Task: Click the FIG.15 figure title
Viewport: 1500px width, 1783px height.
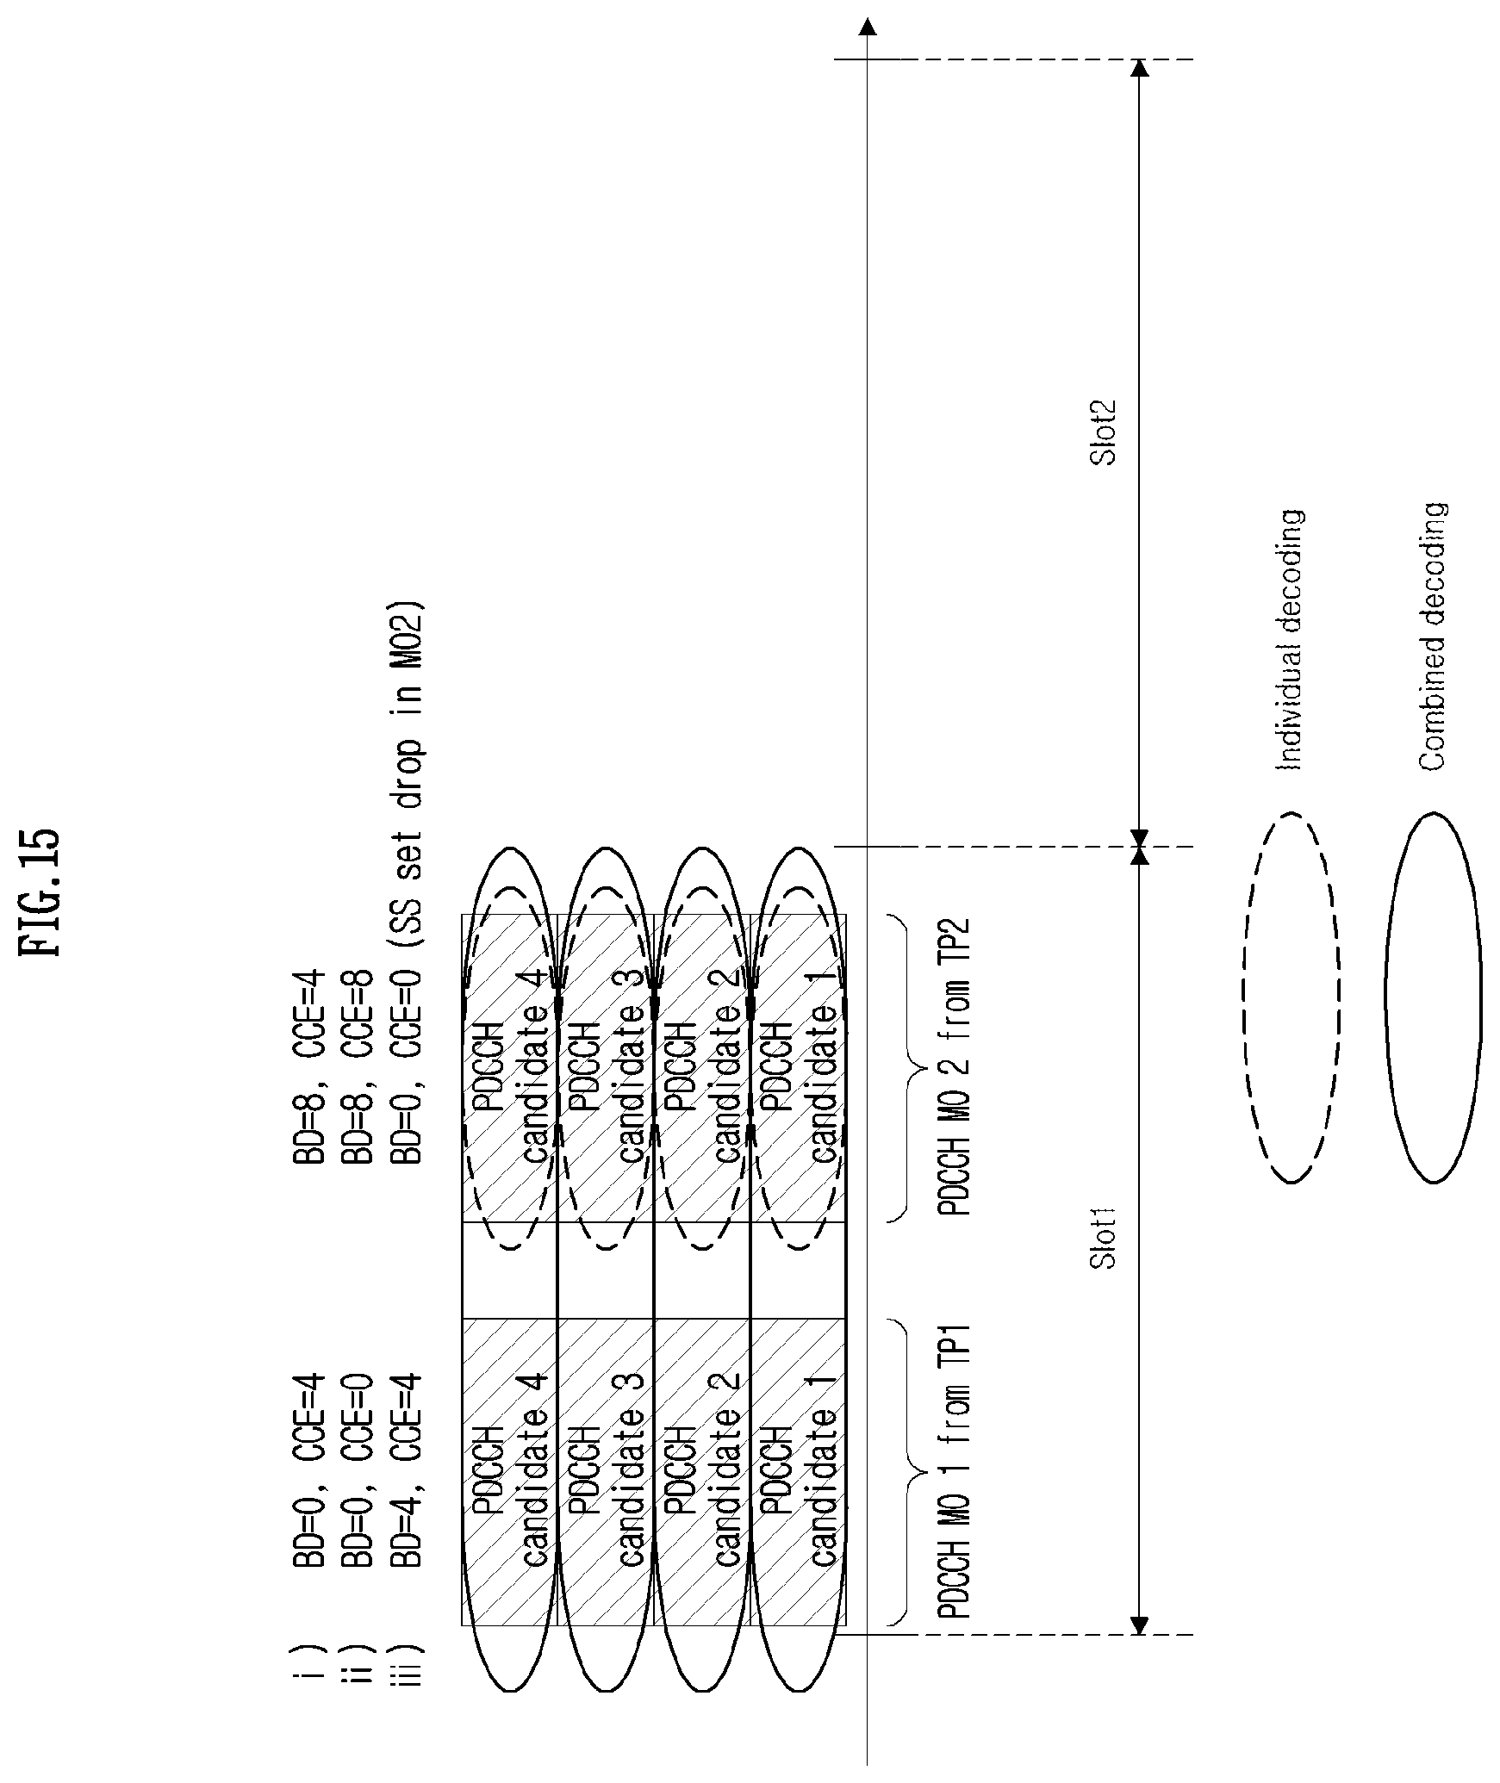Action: (x=40, y=891)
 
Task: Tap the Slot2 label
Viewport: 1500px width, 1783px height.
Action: (x=1104, y=432)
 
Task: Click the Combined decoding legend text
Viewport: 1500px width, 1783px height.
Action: (x=1432, y=637)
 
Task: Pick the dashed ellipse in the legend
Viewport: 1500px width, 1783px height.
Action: (x=1290, y=997)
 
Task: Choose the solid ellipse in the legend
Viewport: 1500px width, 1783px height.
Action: (x=1433, y=997)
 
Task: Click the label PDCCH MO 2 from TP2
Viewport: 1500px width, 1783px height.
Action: (x=955, y=1068)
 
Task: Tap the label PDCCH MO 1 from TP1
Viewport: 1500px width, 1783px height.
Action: (x=955, y=1470)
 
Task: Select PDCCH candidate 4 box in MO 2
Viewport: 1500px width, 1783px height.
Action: (x=510, y=1068)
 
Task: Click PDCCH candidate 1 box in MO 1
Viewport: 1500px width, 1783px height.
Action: (x=798, y=1470)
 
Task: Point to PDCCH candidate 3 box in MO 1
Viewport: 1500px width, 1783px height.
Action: (x=606, y=1470)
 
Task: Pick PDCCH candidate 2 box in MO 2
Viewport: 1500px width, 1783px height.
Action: (x=702, y=1068)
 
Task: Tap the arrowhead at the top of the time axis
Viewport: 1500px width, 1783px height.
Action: (x=868, y=28)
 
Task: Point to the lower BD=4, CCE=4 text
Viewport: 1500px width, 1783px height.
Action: (x=408, y=1471)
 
